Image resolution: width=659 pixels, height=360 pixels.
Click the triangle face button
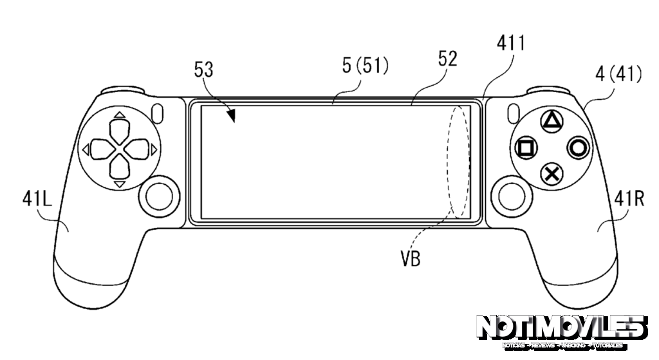[x=551, y=120]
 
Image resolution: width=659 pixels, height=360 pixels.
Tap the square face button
[x=525, y=147]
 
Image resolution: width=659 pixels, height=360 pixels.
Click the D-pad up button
[x=119, y=130]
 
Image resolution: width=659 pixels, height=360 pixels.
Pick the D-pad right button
[x=138, y=150]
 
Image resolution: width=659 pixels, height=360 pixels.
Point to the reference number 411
[x=511, y=44]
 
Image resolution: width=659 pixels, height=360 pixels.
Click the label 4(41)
[x=618, y=75]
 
